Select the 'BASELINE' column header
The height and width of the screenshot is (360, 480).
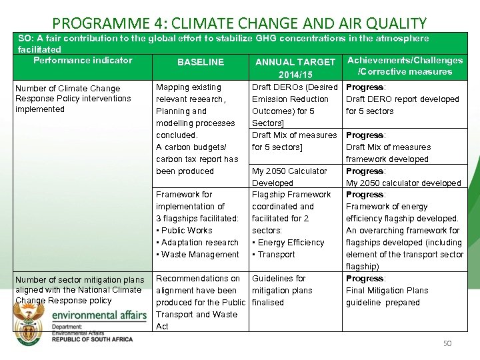[x=201, y=62]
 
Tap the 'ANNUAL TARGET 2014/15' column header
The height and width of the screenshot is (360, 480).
[x=295, y=68]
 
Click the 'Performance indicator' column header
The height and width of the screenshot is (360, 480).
[x=83, y=60]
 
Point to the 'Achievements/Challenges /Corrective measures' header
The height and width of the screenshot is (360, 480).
[x=405, y=66]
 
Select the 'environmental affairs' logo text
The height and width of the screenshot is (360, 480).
[x=99, y=315]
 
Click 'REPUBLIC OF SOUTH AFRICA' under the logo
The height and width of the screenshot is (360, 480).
[x=92, y=339]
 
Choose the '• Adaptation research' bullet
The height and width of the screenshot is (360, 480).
[x=197, y=243]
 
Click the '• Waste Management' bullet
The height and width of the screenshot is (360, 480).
[x=197, y=255]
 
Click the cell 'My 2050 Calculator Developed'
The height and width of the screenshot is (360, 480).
[x=289, y=177]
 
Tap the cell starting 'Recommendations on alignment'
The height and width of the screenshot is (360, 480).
[x=200, y=302]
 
